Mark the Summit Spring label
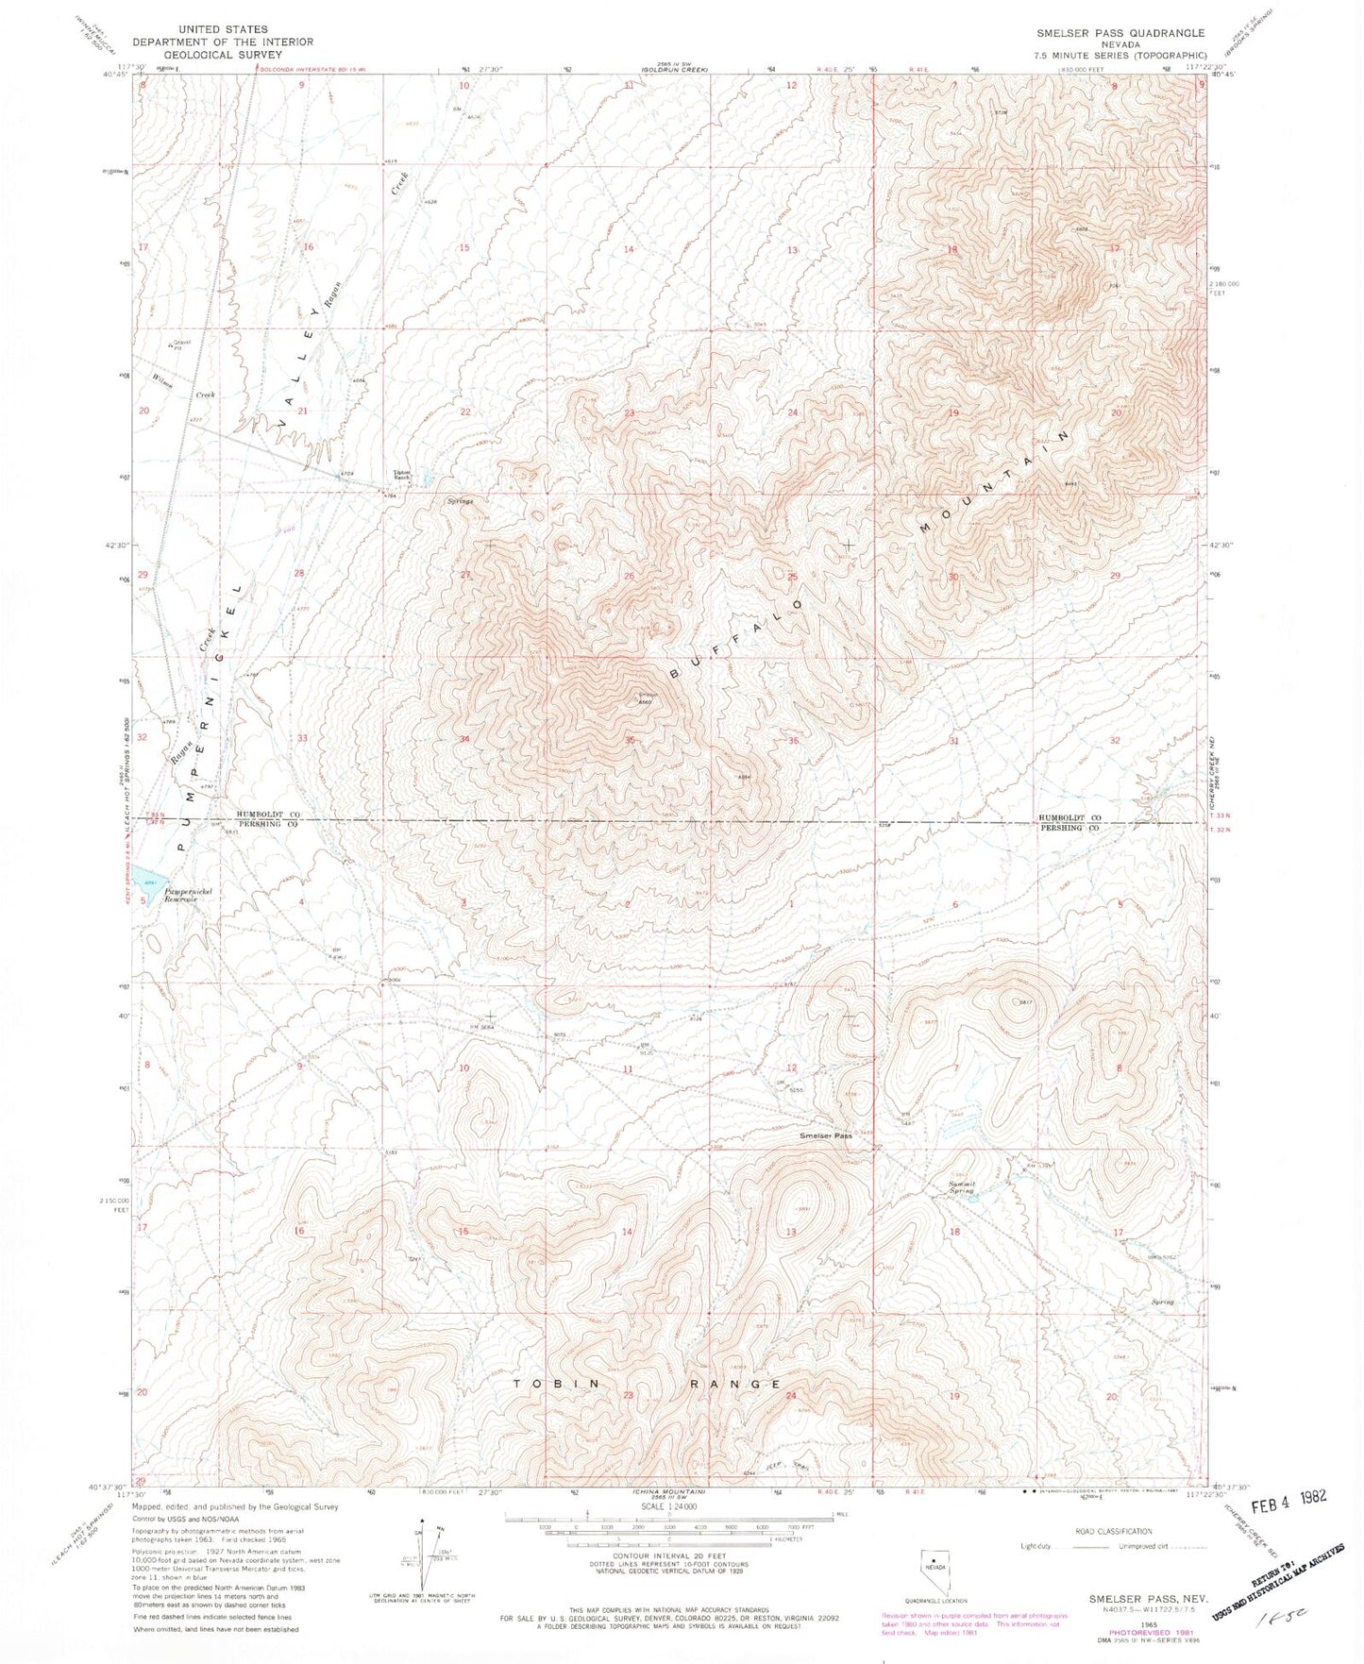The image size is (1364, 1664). (x=961, y=1188)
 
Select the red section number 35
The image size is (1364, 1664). (x=629, y=741)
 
